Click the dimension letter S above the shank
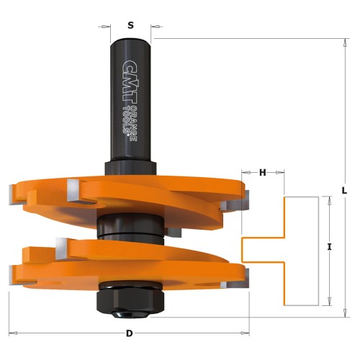click(x=130, y=25)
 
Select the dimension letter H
click(x=262, y=172)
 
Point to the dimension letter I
click(x=329, y=247)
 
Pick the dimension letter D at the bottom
click(x=129, y=333)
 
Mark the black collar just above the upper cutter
click(x=130, y=166)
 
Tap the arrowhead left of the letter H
click(x=243, y=172)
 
